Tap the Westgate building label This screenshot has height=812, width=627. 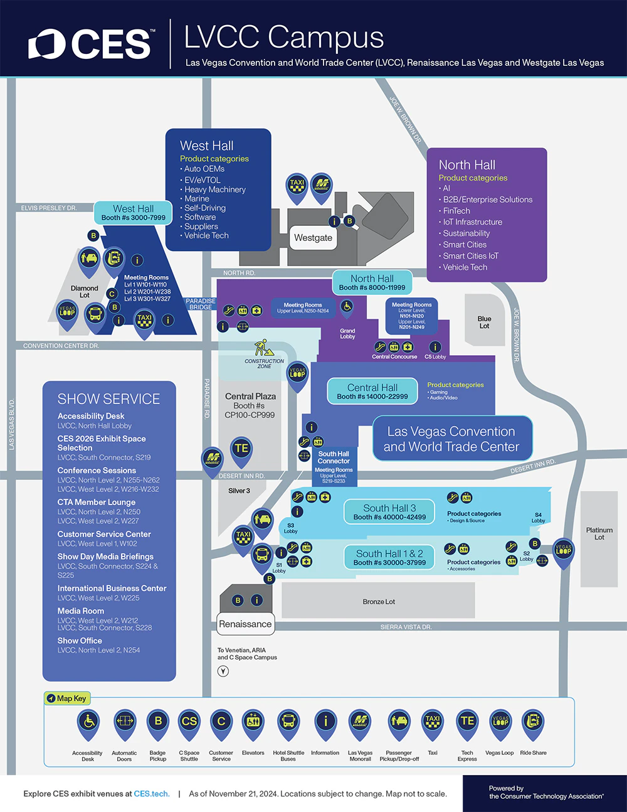tap(313, 238)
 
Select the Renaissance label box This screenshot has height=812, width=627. tap(245, 624)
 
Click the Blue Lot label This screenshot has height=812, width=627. tap(484, 322)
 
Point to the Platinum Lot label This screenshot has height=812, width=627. tap(599, 533)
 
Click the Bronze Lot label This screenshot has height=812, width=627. tap(379, 602)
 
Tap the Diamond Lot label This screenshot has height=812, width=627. tap(85, 292)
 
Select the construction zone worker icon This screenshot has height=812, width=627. tap(261, 348)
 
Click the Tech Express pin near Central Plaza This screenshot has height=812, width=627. tap(241, 449)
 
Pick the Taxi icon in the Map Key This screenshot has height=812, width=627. tap(433, 722)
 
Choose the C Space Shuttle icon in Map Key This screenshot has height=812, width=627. tap(189, 722)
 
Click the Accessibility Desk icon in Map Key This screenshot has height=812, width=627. tap(88, 722)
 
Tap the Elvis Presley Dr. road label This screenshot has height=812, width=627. tap(48, 208)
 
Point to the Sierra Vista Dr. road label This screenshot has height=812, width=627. tap(406, 627)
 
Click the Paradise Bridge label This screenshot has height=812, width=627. tap(201, 304)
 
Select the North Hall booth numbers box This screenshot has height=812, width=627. tap(372, 282)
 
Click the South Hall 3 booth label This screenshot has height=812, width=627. tap(389, 512)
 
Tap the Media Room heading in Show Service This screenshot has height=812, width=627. tap(81, 611)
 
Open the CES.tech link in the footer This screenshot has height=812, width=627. tap(151, 794)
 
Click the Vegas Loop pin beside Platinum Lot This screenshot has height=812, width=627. tap(563, 550)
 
